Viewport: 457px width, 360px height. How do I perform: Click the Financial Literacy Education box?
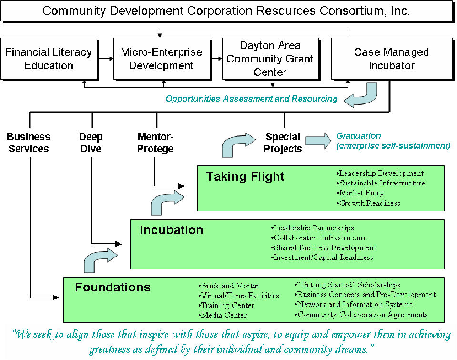49,59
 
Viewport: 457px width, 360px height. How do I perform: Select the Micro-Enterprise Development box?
162,59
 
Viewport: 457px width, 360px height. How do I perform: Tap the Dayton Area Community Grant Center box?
271,59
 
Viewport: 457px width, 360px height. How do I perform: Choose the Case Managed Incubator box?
392,59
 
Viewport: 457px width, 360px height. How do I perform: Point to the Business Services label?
29,143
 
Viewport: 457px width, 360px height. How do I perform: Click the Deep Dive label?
91,143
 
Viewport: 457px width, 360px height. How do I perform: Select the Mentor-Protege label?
155,143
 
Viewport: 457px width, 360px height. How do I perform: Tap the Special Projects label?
283,143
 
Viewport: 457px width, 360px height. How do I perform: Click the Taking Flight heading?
245,176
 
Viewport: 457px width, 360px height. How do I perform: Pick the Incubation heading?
172,230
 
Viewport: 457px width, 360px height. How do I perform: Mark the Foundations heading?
113,287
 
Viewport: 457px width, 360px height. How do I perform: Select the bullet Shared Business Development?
324,247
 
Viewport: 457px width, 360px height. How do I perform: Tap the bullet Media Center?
223,315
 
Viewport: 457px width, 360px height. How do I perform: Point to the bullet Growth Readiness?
368,203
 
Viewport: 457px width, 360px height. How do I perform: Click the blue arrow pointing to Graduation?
318,141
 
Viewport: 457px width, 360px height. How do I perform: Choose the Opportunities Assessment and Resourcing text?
252,99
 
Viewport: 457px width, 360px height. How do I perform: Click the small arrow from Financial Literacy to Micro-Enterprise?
106,59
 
